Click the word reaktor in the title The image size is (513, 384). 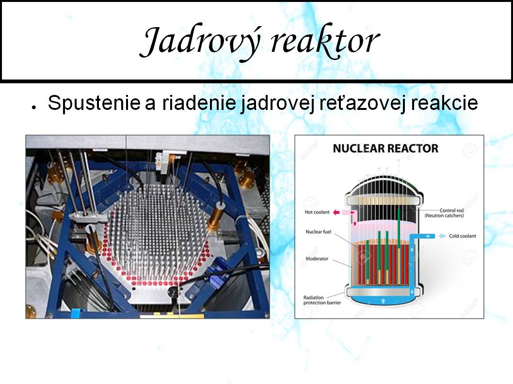point(325,41)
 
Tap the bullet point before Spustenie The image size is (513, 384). point(33,107)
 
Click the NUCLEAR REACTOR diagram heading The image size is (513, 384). point(385,148)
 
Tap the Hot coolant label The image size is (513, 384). point(317,212)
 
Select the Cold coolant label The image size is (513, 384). point(462,236)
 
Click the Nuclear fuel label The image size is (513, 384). point(319,231)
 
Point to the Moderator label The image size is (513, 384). point(317,259)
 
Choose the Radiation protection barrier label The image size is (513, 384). point(322,300)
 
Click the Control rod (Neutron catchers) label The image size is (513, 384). point(444,213)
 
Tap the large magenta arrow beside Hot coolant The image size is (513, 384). point(336,213)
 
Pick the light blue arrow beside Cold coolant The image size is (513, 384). point(442,236)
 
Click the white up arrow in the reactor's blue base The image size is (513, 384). point(383,301)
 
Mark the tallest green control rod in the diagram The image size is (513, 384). point(399,247)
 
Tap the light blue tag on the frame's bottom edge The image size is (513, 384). point(75,313)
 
